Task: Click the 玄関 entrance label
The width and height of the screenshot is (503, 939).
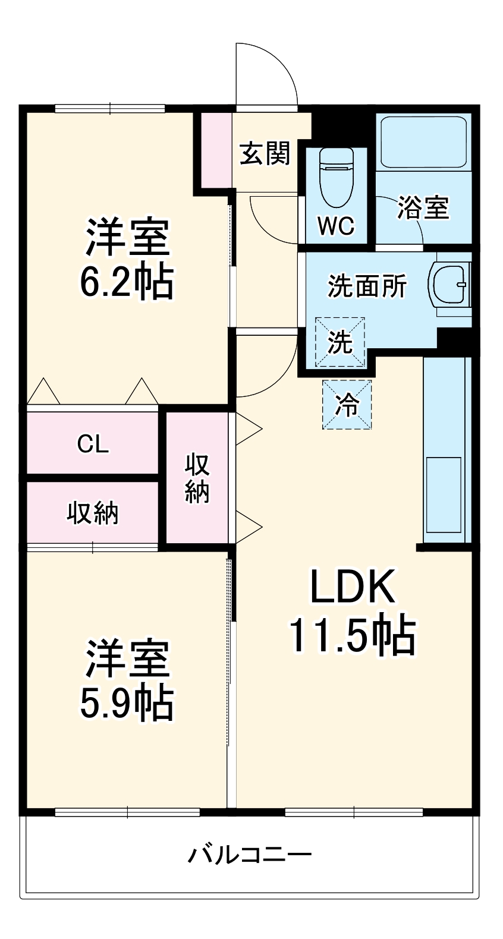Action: (x=265, y=154)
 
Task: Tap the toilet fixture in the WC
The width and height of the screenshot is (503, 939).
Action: (x=336, y=175)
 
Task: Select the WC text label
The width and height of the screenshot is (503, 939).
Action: (x=335, y=226)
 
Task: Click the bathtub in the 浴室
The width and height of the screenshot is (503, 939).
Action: (x=423, y=142)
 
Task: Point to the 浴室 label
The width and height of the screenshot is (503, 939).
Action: (x=423, y=207)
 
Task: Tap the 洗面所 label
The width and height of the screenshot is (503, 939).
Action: (x=367, y=286)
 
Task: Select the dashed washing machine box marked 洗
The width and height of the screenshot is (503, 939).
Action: (x=339, y=342)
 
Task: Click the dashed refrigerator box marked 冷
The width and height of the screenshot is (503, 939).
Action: (x=347, y=405)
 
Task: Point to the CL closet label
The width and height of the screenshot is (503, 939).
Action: (x=93, y=444)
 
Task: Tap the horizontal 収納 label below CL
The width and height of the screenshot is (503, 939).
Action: (x=93, y=513)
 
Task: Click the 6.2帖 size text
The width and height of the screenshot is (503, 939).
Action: (x=127, y=282)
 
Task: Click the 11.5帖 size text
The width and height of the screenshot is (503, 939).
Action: (x=352, y=636)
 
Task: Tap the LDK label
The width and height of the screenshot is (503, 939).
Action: (x=352, y=587)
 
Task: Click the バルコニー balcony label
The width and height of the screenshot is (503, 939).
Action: (x=250, y=855)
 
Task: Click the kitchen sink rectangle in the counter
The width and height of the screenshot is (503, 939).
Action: (x=443, y=494)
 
